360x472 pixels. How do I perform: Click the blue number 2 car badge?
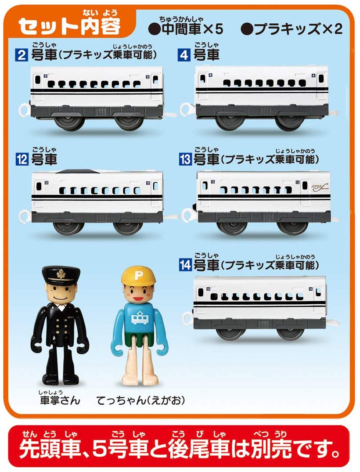[x=22, y=55]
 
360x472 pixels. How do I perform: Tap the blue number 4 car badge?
[x=184, y=55]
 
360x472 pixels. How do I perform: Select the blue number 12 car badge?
[x=22, y=159]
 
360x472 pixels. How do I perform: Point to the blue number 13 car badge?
[x=185, y=159]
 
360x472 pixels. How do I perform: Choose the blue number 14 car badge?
[x=185, y=265]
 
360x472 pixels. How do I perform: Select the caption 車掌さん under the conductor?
[x=60, y=400]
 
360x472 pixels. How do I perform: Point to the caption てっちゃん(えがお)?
[x=140, y=400]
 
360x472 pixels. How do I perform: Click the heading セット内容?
[x=69, y=26]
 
